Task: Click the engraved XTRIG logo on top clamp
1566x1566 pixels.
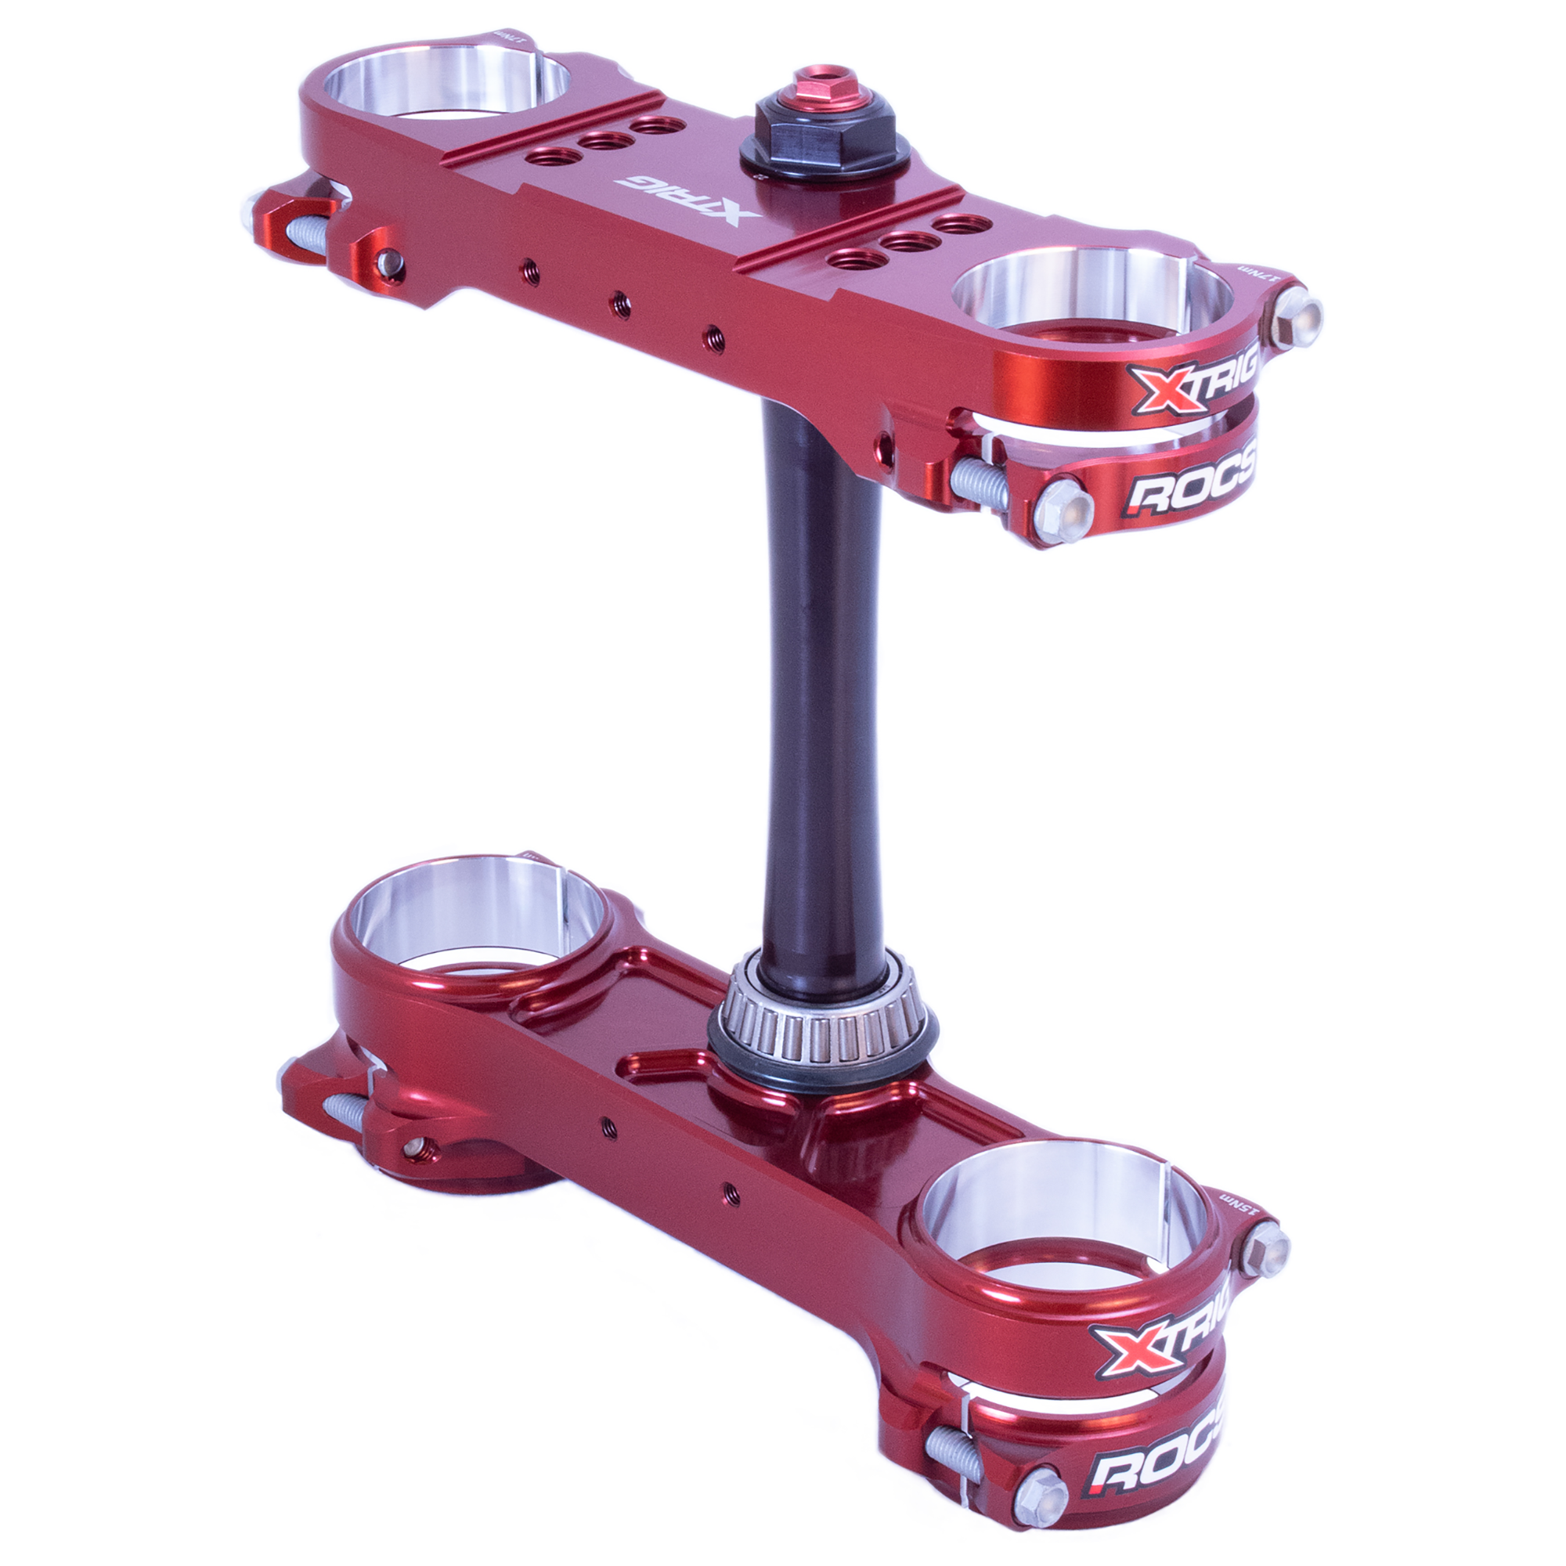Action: click(687, 200)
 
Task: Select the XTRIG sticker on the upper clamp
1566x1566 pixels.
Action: click(1193, 378)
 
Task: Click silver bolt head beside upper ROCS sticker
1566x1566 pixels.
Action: click(1063, 510)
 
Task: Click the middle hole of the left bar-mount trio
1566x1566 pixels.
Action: click(607, 141)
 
